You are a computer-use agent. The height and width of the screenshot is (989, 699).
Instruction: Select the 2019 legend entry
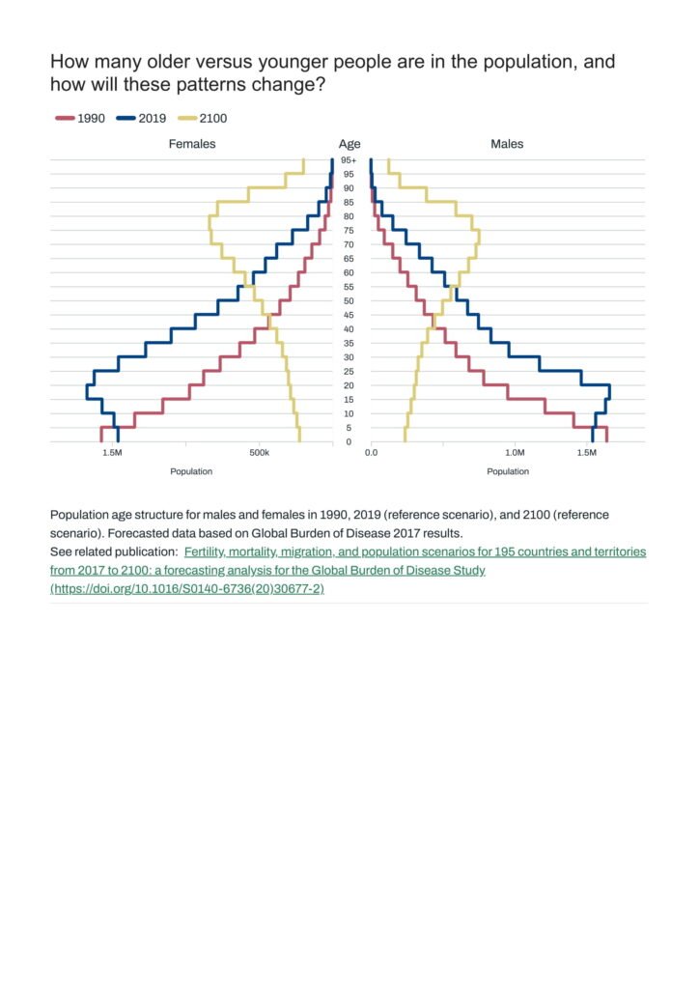point(142,119)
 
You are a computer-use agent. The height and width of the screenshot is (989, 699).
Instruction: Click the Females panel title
point(192,144)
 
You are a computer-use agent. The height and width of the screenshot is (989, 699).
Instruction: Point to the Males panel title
point(507,144)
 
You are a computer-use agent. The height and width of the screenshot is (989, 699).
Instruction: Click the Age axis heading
point(349,144)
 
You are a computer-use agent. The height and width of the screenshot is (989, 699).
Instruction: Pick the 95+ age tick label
point(349,160)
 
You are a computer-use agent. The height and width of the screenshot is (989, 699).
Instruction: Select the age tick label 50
point(349,301)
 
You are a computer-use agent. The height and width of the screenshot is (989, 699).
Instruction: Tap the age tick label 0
point(349,442)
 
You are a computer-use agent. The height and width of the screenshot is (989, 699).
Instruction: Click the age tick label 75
point(349,231)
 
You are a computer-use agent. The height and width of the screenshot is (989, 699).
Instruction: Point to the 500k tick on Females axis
point(259,452)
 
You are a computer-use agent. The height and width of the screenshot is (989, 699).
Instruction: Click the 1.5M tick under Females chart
point(112,452)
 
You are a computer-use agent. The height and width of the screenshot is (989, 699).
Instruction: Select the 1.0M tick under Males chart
point(515,452)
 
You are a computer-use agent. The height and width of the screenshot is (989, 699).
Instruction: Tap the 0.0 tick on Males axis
point(372,452)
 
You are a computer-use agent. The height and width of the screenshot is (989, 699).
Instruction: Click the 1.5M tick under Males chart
point(588,452)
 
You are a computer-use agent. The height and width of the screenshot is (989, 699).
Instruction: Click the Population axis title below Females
point(191,471)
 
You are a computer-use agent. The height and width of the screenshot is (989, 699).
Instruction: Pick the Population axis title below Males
point(508,471)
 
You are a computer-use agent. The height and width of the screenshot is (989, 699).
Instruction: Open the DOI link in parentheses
point(187,588)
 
